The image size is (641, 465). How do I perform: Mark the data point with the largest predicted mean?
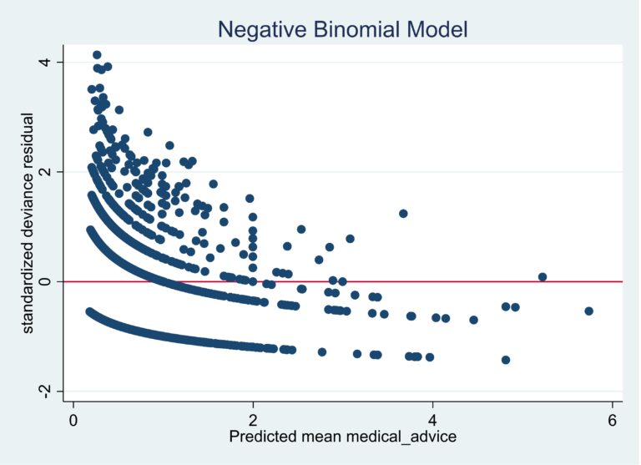point(588,311)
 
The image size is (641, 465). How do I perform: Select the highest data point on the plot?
point(97,55)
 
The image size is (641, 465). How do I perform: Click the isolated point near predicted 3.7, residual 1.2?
point(403,213)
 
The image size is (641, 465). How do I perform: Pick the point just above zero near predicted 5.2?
point(543,276)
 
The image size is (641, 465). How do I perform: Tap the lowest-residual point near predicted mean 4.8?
point(505,360)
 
